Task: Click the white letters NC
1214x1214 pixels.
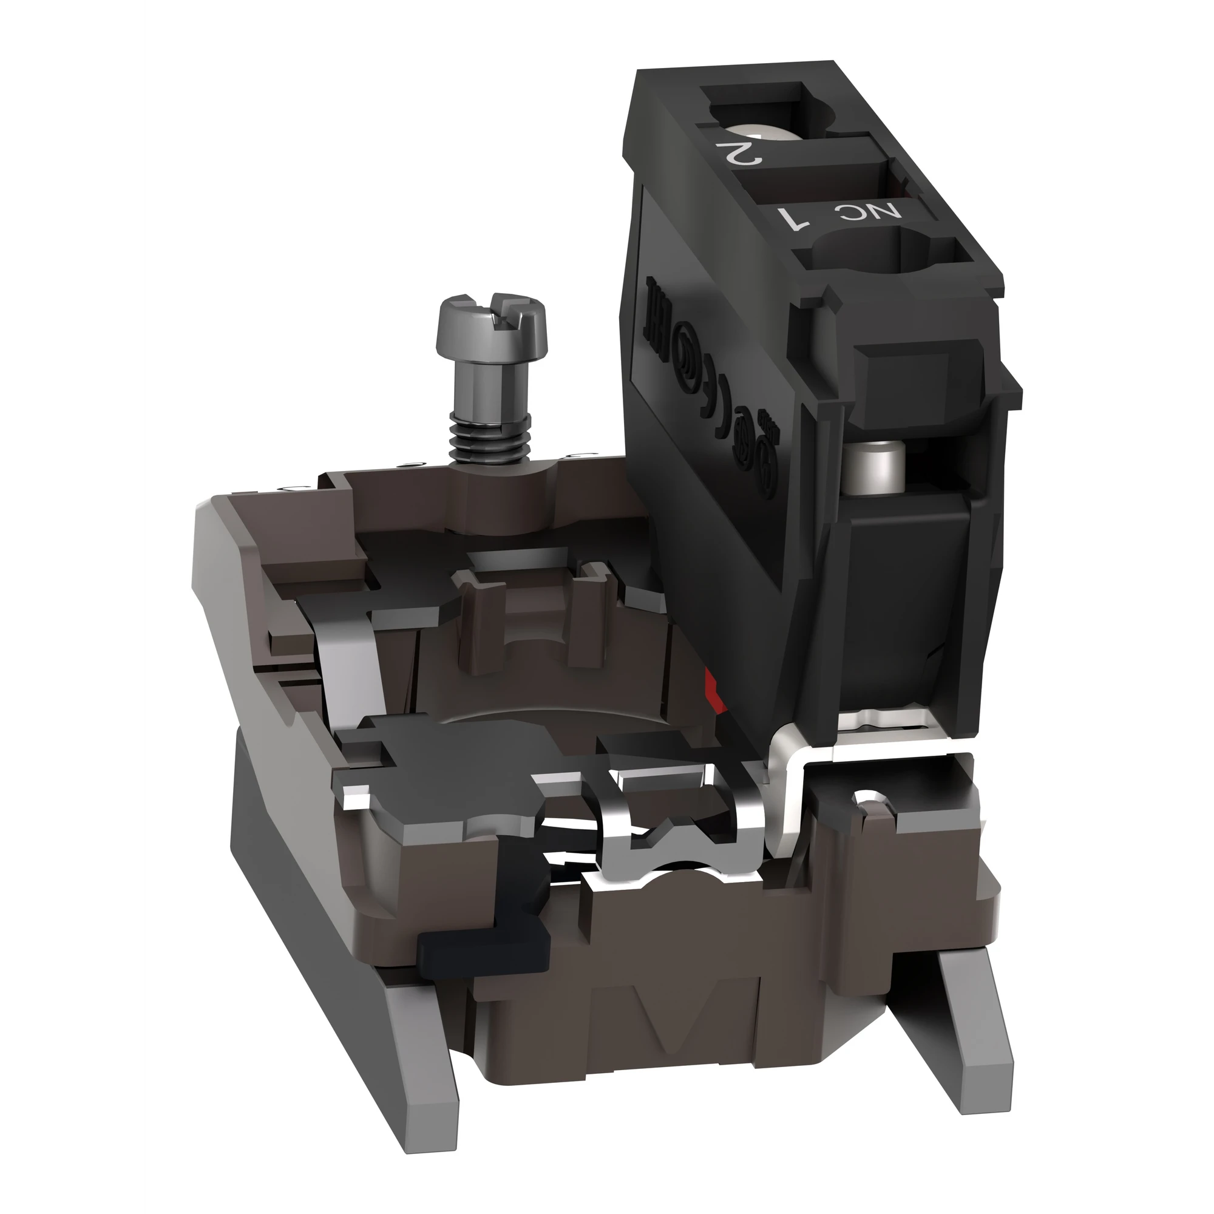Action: (875, 212)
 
